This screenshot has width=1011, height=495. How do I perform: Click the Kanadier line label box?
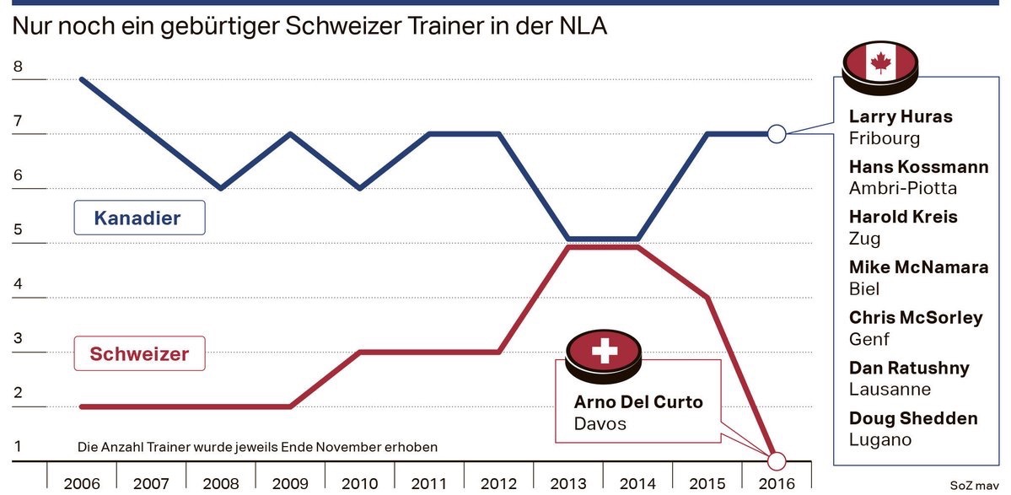coord(138,218)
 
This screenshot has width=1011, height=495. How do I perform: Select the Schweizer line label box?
coord(139,354)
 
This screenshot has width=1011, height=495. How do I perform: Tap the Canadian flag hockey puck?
coord(881,67)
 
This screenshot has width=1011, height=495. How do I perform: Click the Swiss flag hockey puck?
coord(603,355)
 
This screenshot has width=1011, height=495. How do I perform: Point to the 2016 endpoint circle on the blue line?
coord(777,133)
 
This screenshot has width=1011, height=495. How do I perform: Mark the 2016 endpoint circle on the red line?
coord(777,461)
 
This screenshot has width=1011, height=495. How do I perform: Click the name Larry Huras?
coord(901,116)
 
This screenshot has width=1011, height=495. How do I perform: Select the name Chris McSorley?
coord(916,318)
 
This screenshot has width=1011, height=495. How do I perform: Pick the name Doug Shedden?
coord(913,418)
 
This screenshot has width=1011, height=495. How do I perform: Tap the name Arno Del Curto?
coord(638,401)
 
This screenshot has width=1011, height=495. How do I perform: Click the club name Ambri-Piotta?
coord(903,187)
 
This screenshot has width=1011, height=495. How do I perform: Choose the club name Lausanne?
coord(890,389)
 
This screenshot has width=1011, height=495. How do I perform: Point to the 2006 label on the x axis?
coord(82,484)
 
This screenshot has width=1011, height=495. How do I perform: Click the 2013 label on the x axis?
coord(567,484)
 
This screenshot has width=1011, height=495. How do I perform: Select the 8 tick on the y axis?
coord(19,67)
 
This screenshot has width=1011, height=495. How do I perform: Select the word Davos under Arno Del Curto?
coord(600,423)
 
